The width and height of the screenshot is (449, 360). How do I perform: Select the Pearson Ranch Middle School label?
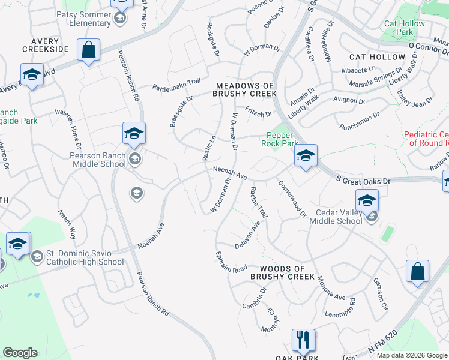click(98, 160)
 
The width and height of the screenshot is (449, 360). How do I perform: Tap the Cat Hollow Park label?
click(405, 28)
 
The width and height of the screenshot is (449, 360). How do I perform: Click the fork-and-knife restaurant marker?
click(303, 340)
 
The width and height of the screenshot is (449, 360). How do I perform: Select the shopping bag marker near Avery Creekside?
click(88, 51)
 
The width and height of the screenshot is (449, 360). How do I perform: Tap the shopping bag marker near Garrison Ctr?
click(417, 271)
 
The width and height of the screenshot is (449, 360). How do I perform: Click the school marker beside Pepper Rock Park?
click(306, 157)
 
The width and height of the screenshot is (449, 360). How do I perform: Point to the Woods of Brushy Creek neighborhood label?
click(282, 272)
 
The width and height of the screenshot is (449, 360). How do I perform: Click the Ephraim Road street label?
click(232, 261)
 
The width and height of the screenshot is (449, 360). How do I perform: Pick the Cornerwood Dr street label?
click(292, 199)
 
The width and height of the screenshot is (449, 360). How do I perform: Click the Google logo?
click(20, 353)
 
